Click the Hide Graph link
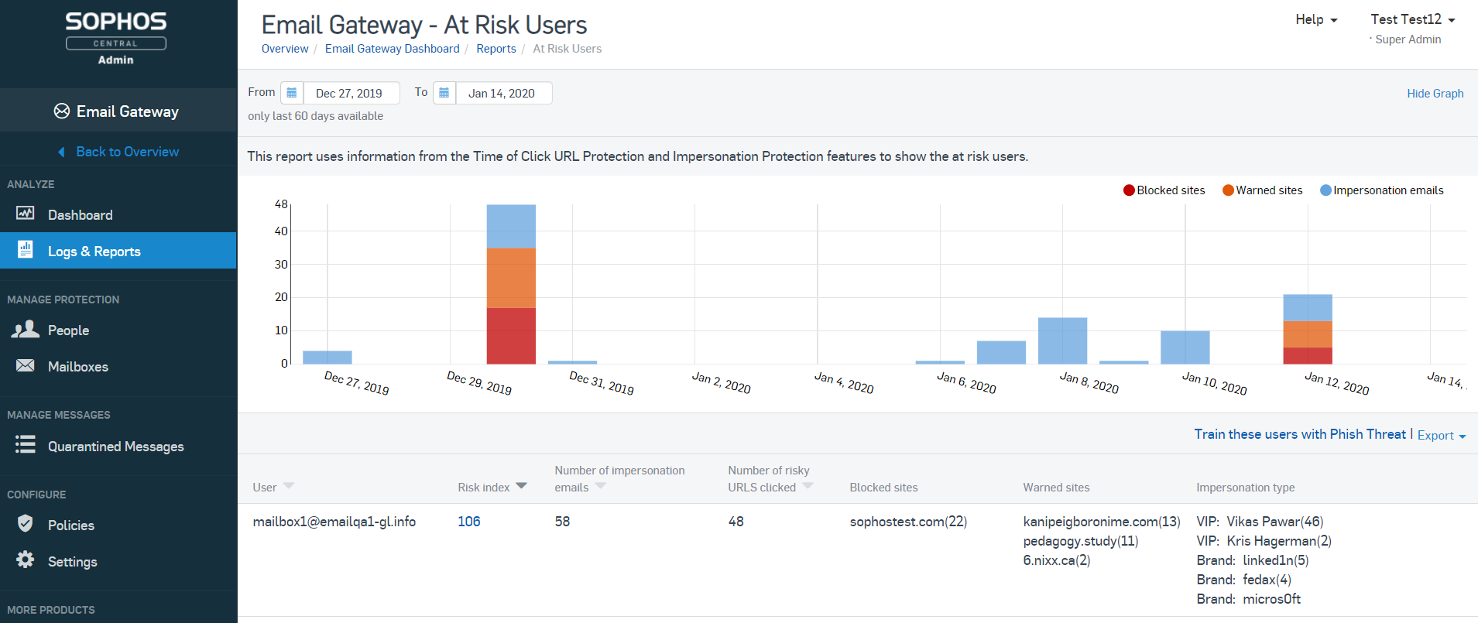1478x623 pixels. [1435, 94]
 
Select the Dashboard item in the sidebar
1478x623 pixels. [80, 215]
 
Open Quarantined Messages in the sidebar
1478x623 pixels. [115, 447]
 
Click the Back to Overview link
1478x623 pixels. [127, 152]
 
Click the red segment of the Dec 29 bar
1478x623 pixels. [511, 336]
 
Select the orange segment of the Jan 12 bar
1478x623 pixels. [1307, 334]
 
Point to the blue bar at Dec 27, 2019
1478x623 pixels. [327, 358]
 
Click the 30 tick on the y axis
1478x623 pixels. [281, 265]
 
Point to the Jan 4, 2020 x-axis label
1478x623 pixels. [843, 382]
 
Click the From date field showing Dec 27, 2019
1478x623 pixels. [350, 94]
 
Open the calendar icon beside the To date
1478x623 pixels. [444, 93]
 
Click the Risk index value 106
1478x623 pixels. [468, 522]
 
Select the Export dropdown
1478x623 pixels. [1441, 436]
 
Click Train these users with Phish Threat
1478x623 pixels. [1299, 435]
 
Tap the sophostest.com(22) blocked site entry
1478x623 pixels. [908, 522]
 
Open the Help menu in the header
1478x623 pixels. [1315, 20]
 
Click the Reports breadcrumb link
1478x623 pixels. [496, 49]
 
